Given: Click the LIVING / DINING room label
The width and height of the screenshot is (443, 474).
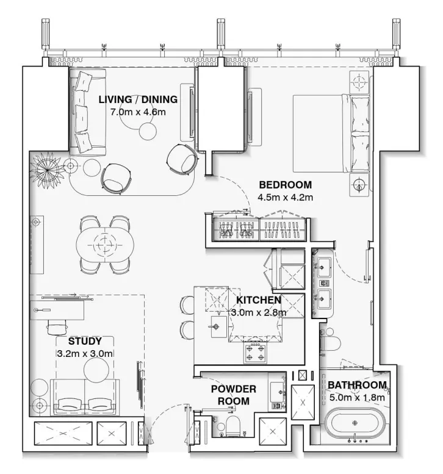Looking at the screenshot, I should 138,99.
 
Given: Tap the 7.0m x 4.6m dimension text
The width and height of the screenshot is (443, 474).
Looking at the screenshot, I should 138,112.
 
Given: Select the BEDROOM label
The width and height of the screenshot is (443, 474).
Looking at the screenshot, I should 285,184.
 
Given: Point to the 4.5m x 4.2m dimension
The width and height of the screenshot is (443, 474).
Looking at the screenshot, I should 285,197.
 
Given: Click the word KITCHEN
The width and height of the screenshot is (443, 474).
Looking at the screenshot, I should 258,300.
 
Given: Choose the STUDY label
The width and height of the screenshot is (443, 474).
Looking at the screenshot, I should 85,341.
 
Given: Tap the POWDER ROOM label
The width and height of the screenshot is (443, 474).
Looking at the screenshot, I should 233,395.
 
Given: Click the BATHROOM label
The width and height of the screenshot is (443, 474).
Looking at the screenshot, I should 357,385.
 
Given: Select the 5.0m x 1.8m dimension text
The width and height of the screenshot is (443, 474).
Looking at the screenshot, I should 357,397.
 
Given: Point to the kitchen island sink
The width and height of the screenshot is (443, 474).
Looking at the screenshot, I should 216,326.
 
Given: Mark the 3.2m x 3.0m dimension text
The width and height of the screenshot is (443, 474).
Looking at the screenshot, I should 85,353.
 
